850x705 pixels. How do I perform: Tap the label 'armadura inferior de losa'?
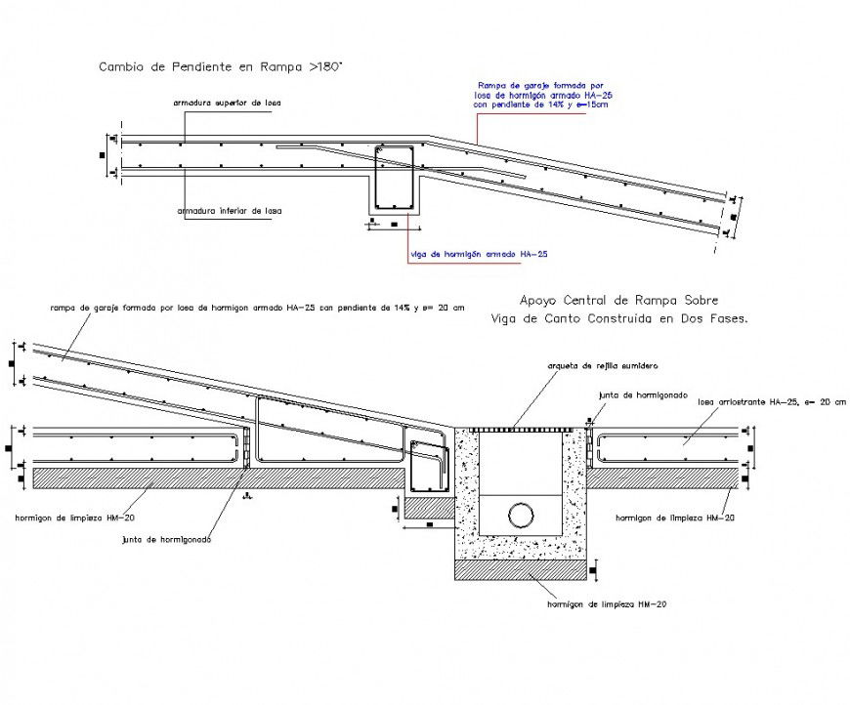pos(230,210)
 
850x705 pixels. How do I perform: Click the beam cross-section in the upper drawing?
pos(396,178)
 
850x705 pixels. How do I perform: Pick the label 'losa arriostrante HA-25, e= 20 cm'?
pos(766,401)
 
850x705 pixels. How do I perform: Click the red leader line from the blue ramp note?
pos(477,127)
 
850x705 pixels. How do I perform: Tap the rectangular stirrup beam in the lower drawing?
pos(427,467)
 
